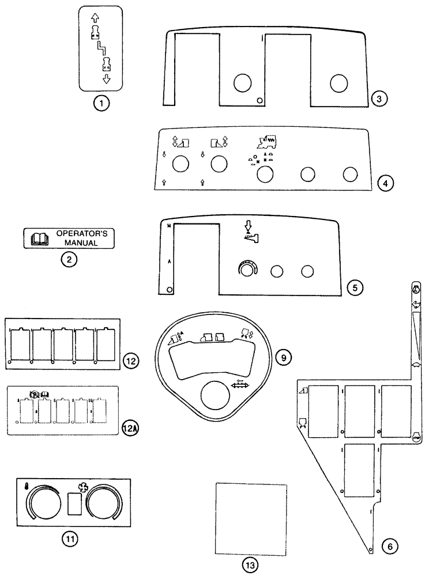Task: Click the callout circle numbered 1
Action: [101, 104]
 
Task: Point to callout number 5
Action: [355, 286]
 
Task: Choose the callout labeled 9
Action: [282, 358]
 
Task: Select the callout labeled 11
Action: [70, 539]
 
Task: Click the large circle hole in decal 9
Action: [217, 397]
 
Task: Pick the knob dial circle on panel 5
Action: [248, 269]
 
